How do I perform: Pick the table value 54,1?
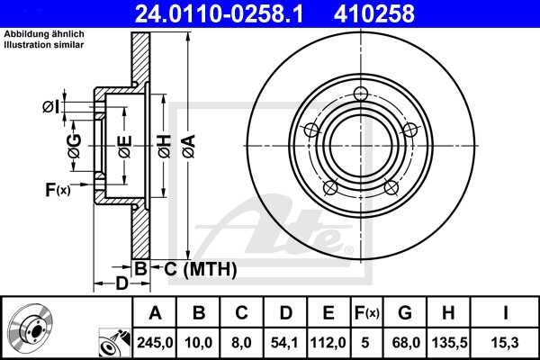coord(285,341)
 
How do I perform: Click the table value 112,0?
coord(328,341)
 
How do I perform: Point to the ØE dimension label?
coord(124,144)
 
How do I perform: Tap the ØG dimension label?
coord(74,144)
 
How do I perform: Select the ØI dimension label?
coord(51,107)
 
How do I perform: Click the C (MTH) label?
coord(195,268)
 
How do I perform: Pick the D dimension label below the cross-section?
coord(121,284)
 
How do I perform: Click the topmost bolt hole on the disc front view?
coord(362,94)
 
